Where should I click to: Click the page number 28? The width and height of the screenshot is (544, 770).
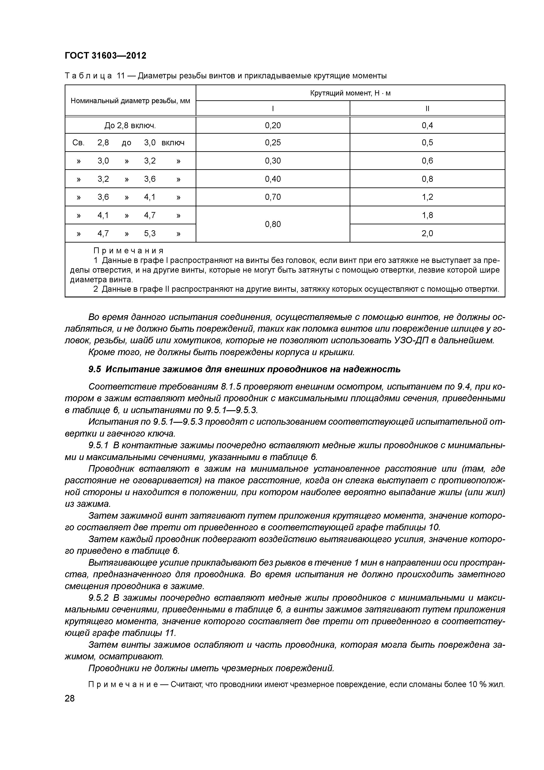tap(70, 698)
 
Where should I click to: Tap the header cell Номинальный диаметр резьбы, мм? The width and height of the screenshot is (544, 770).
tap(130, 101)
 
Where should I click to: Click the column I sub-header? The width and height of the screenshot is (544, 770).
tap(273, 109)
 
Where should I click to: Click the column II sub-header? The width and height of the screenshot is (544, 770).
tap(427, 109)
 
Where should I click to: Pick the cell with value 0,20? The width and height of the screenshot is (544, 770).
tap(273, 125)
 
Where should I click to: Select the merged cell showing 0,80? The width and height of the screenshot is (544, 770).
tap(273, 224)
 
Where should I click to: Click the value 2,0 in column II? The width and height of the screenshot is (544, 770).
tap(427, 233)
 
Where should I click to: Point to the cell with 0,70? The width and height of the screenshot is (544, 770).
tap(273, 197)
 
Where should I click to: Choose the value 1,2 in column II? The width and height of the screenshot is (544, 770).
tap(427, 197)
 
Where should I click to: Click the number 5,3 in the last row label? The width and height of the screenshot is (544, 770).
tap(150, 233)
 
